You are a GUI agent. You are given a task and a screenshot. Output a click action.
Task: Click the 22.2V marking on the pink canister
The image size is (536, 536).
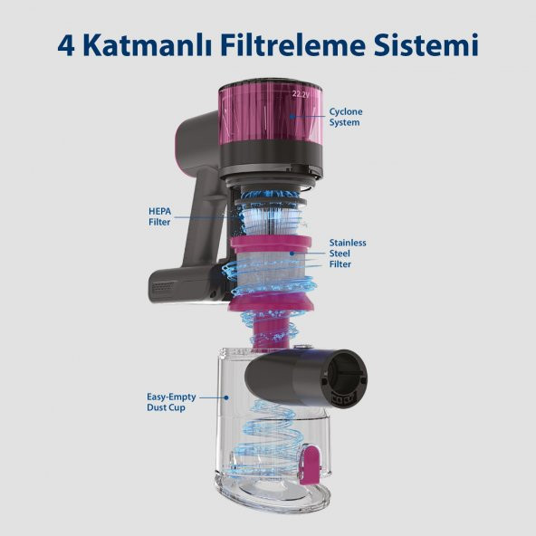click(301, 92)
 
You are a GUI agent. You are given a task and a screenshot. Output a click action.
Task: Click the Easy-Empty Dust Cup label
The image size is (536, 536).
click(171, 402)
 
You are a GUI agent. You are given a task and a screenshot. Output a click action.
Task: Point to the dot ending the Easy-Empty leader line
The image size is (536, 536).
click(227, 397)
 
